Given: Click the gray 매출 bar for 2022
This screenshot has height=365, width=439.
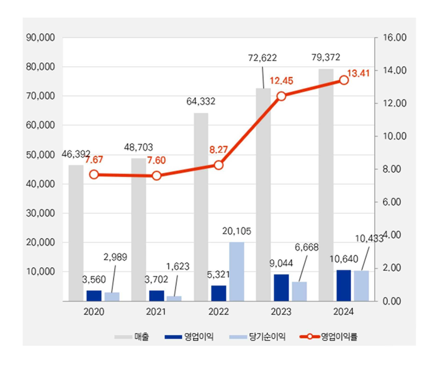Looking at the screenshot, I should click(x=201, y=206).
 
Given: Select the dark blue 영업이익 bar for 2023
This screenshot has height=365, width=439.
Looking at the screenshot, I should click(x=281, y=288).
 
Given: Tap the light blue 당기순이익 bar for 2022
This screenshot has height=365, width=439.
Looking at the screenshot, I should click(x=237, y=272).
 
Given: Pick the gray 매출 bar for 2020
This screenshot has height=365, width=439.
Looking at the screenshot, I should click(x=76, y=233).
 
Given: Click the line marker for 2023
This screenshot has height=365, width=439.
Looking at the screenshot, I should click(x=281, y=96).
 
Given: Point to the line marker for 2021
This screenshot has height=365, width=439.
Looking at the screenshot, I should click(x=157, y=176).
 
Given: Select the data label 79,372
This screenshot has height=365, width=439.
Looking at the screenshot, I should click(x=326, y=57).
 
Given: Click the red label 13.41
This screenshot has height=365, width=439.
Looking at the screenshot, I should click(x=358, y=73).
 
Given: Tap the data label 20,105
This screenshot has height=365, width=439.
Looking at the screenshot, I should click(x=237, y=231).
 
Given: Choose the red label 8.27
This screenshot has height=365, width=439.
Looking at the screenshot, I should click(x=219, y=150).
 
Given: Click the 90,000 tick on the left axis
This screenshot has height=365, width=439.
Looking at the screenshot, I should click(x=40, y=38).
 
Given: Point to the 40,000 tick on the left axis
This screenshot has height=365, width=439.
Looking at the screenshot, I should click(x=40, y=184).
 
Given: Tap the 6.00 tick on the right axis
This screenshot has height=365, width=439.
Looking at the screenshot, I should click(x=392, y=202).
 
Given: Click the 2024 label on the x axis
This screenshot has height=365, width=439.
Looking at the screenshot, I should click(x=344, y=312).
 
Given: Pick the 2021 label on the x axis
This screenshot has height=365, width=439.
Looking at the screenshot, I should click(x=157, y=312).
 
